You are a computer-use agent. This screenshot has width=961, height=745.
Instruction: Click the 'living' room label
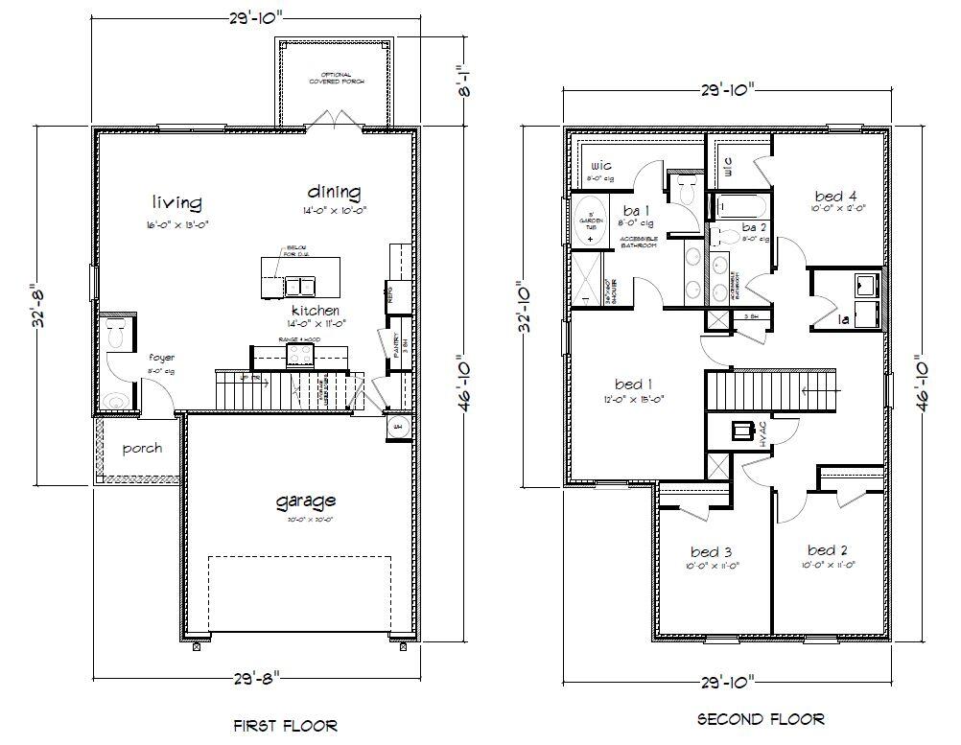coord(176,202)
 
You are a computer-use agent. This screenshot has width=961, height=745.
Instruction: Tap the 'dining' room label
coord(334,191)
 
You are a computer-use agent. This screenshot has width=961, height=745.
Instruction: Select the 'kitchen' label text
coord(316,311)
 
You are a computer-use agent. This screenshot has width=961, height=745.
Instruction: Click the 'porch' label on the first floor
coord(142,448)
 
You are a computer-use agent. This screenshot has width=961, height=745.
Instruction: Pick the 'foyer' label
coord(161,357)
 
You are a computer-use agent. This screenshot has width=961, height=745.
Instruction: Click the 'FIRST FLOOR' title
coord(286,726)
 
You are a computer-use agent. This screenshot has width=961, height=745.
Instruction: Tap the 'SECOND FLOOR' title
coord(761,718)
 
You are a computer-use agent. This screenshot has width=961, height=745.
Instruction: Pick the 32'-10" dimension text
coord(523,307)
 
